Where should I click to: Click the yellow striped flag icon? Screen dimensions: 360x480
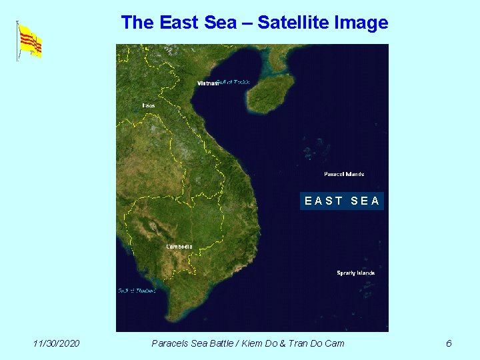30,41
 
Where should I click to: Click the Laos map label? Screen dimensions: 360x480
149,105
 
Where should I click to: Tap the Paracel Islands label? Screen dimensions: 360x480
344,174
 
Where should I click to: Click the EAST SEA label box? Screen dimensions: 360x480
342,201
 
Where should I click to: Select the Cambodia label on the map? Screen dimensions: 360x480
179,247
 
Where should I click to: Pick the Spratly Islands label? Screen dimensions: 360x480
355,273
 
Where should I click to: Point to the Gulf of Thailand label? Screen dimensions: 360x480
137,291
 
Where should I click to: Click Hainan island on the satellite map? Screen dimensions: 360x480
270,93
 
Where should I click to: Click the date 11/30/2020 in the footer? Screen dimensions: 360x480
57,343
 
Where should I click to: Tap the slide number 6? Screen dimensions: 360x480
449,343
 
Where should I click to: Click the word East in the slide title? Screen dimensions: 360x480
179,23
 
